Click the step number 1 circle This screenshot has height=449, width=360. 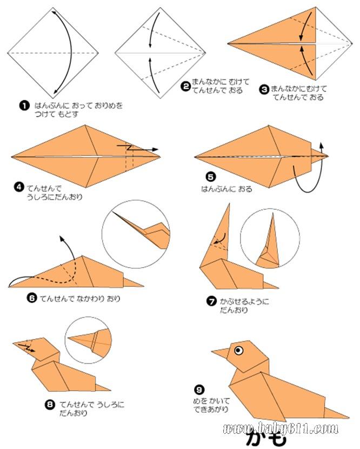(24, 105)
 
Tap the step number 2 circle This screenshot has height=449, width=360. (185, 86)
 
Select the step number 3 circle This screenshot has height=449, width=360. (264, 89)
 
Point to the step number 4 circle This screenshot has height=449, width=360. (18, 187)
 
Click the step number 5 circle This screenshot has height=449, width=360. (211, 177)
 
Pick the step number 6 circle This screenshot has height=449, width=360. (32, 298)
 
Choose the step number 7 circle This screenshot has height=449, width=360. (211, 301)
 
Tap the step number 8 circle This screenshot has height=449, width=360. (50, 404)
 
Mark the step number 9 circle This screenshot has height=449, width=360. (199, 389)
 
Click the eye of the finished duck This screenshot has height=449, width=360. (238, 350)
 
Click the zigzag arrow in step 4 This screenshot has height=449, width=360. (137, 148)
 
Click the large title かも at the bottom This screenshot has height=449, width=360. (266, 439)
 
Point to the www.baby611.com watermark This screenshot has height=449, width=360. (281, 428)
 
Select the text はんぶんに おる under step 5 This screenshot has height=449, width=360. (226, 189)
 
